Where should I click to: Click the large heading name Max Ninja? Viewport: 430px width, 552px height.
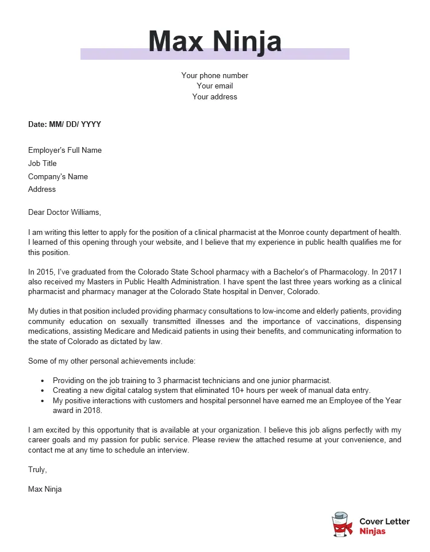pyautogui.click(x=214, y=41)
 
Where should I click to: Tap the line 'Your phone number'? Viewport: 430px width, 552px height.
pyautogui.click(x=214, y=75)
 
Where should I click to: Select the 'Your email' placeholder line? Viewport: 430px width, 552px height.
pyautogui.click(x=214, y=86)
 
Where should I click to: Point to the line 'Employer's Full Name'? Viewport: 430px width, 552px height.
pyautogui.click(x=65, y=150)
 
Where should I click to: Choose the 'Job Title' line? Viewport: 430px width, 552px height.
pyautogui.click(x=43, y=164)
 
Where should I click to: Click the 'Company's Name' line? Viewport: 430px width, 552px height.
pyautogui.click(x=58, y=177)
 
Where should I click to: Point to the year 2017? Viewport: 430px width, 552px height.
pyautogui.click(x=388, y=272)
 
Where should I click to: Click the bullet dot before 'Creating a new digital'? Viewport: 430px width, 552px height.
pyautogui.click(x=43, y=391)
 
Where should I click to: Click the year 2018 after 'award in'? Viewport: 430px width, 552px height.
pyautogui.click(x=92, y=411)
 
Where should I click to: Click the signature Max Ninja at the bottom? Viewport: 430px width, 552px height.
pyautogui.click(x=45, y=489)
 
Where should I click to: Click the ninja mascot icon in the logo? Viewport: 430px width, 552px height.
pyautogui.click(x=342, y=524)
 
